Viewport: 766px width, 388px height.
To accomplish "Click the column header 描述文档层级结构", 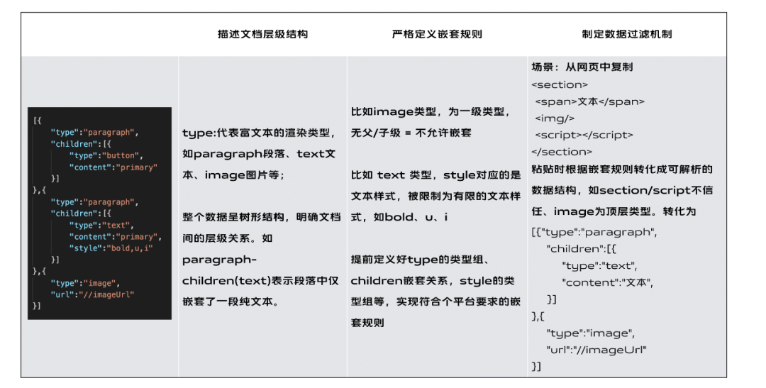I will [x=262, y=34].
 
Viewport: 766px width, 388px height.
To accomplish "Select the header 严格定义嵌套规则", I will [x=437, y=34].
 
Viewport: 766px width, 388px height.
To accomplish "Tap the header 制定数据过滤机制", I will [x=627, y=34].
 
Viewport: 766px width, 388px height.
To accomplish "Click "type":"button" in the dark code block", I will [x=106, y=155].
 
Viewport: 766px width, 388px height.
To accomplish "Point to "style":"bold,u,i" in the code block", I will [x=111, y=248].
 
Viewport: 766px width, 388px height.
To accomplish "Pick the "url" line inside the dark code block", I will [x=92, y=294].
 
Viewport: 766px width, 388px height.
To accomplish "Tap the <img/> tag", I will [x=555, y=118].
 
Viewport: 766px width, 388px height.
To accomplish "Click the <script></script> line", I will [x=584, y=135].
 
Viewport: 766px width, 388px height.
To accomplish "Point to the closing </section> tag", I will [x=561, y=152].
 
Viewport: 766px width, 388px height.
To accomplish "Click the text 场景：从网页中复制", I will [x=582, y=67].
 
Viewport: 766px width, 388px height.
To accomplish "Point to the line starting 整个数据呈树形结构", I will [x=261, y=217].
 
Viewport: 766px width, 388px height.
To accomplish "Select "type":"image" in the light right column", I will [x=591, y=333].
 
